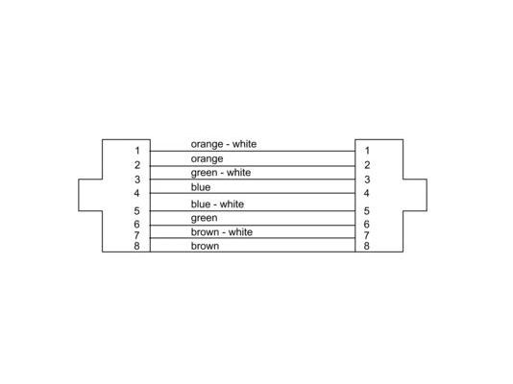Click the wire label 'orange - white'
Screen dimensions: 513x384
click(224, 144)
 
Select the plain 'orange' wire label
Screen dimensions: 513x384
click(207, 159)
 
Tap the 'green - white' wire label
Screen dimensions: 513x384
click(221, 173)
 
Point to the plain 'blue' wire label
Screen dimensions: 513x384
click(201, 187)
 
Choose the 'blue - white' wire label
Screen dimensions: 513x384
click(217, 204)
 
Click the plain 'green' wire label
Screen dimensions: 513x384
click(204, 218)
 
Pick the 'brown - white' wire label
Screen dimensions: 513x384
click(222, 232)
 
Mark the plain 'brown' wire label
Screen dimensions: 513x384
click(205, 246)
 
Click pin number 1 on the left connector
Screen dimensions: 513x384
click(137, 151)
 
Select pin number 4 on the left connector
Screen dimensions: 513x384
click(136, 193)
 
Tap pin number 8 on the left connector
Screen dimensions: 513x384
click(136, 246)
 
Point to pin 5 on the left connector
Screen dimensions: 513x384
click(136, 211)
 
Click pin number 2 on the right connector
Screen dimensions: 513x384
click(367, 165)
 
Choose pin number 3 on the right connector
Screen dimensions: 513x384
click(367, 180)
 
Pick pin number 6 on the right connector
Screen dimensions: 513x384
click(366, 225)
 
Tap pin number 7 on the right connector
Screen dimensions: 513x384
click(366, 235)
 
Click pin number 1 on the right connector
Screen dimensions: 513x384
click(367, 151)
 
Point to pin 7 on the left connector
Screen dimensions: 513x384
click(136, 235)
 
